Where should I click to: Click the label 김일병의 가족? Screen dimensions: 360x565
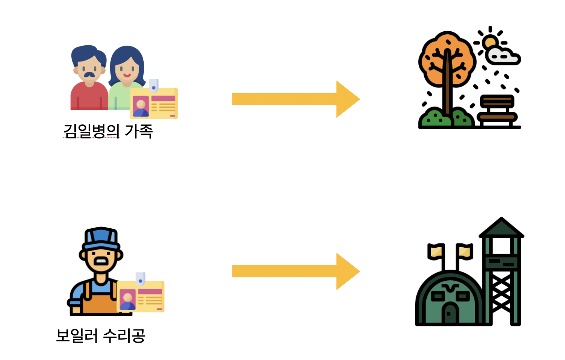[108, 131]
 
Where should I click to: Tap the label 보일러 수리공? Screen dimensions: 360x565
[100, 335]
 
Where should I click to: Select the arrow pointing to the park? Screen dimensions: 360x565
[296, 99]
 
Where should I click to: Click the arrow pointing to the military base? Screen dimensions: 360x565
[296, 271]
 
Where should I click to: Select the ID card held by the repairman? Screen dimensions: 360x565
[141, 296]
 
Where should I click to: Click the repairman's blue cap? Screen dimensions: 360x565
[101, 238]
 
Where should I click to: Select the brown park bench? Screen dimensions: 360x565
[497, 110]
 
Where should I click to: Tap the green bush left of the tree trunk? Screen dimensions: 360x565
[434, 118]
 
